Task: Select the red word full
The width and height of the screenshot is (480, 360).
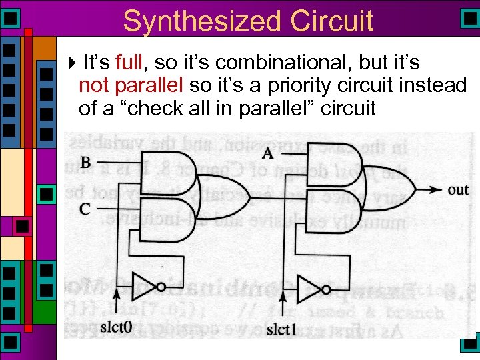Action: (x=133, y=64)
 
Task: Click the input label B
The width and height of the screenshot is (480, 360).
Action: (x=85, y=162)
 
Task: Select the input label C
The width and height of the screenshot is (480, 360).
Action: (x=85, y=209)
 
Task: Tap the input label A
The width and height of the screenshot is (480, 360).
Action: (x=267, y=153)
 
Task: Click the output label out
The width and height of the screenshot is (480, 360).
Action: (x=458, y=190)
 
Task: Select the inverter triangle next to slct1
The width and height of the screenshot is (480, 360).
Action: (x=309, y=289)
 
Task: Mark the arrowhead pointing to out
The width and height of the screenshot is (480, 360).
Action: (x=436, y=190)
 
